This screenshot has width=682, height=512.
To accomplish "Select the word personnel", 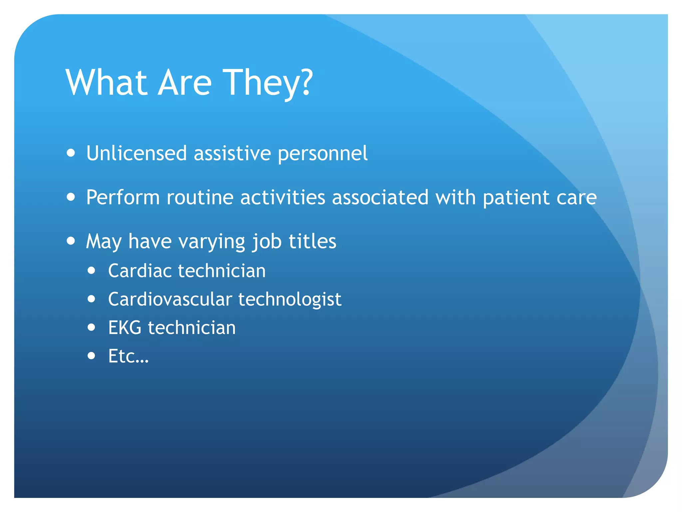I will (322, 154).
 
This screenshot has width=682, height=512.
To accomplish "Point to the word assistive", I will (232, 153).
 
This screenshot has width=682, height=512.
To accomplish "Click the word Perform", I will (123, 197).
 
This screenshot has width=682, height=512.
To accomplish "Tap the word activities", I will (282, 197).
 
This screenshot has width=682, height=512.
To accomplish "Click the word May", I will (104, 242).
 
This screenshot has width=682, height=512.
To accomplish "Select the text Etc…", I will (128, 356).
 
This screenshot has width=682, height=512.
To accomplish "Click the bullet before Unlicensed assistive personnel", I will (71, 153).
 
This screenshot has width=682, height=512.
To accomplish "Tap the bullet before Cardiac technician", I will (91, 270).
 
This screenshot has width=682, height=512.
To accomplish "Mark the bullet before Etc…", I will (91, 356).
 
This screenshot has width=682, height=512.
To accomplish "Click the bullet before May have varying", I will (71, 241).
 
